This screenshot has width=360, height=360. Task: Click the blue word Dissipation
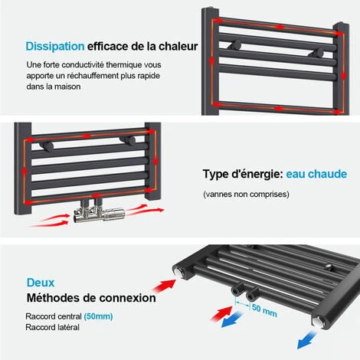tap(55, 47)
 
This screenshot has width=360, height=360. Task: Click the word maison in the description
tap(67, 87)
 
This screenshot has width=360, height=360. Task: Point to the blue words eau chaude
tap(316, 174)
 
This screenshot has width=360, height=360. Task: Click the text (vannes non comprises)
tap(246, 195)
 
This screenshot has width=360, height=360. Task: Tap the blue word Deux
tap(41, 283)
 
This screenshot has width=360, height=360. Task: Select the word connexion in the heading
tap(127, 298)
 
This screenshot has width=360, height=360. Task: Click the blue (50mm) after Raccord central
tap(98, 316)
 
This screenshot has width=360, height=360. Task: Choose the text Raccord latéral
tap(53, 327)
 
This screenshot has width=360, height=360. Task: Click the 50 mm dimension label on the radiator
tap(264, 310)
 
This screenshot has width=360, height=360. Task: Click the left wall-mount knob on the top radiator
tap(235, 45)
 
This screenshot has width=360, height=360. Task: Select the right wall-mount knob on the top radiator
tap(316, 53)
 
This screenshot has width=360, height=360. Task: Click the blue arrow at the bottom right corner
tap(307, 339)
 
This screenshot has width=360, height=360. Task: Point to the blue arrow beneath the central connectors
tap(232, 319)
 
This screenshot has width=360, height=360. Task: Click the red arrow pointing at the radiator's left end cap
tap(164, 286)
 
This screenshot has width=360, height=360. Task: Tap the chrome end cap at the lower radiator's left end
tap(178, 272)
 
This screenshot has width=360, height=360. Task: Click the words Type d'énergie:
tap(243, 174)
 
